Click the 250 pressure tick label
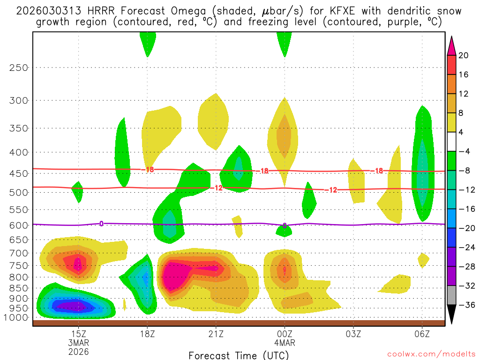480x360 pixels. pos(19,67)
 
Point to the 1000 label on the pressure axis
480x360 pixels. pos(17,317)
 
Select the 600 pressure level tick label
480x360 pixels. pos(19,225)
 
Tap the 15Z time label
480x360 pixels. pos(78,334)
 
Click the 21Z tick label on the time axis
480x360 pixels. pos(216,334)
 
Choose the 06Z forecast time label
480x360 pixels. pos(422,334)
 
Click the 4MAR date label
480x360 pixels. pos(285,343)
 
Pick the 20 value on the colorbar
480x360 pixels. pos(463,55)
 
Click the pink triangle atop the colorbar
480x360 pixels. pos(451,45)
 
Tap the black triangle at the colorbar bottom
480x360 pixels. pos(451,315)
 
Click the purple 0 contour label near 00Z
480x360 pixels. pos(285,226)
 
